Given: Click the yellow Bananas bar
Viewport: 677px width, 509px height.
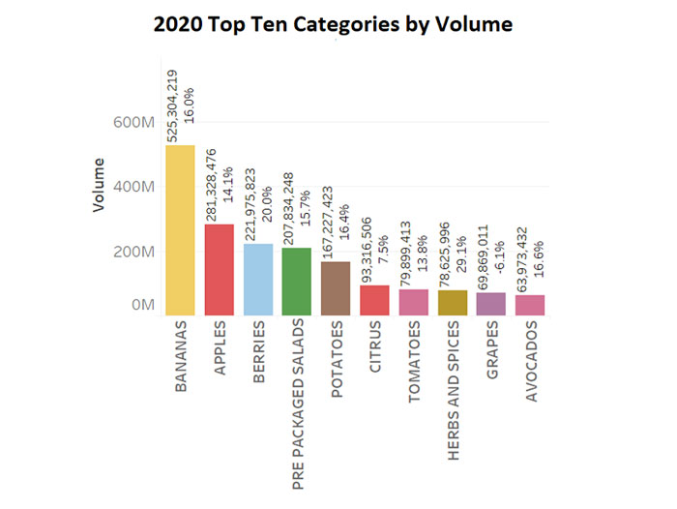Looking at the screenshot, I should tap(180, 230).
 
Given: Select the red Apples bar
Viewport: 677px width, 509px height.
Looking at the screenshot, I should tap(220, 269).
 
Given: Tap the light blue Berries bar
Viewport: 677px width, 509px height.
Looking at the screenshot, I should tap(258, 279).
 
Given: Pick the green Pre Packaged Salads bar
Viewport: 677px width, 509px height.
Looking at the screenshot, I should tap(297, 281).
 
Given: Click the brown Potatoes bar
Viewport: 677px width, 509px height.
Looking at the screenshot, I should tap(336, 287).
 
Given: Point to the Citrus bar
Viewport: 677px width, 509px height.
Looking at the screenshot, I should tap(374, 300).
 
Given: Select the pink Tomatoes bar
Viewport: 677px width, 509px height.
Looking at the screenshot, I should tap(413, 302).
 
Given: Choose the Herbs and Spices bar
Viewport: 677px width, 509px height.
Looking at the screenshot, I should tap(452, 302).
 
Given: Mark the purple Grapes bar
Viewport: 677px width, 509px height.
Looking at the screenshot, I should tap(491, 304).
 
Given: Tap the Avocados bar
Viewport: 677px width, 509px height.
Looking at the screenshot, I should tap(530, 305).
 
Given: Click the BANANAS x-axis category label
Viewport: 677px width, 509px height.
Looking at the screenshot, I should tap(181, 357).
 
